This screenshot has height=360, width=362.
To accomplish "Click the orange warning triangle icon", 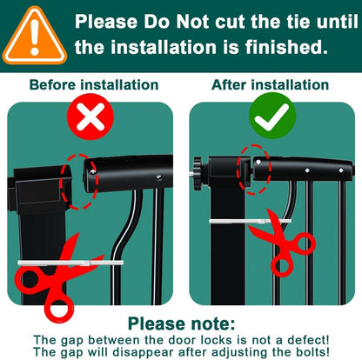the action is pyautogui.click(x=35, y=37).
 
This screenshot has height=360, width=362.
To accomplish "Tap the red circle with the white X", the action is pyautogui.click(x=90, y=117).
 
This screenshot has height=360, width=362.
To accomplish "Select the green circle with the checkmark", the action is pyautogui.click(x=272, y=116).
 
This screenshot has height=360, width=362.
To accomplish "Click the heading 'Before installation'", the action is pyautogui.click(x=94, y=85).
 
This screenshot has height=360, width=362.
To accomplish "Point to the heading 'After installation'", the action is pyautogui.click(x=271, y=85).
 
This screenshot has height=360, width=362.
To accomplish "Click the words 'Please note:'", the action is pyautogui.click(x=182, y=323).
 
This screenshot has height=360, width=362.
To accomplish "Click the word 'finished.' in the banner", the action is pyautogui.click(x=286, y=47).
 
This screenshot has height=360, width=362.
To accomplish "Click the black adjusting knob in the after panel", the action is pyautogui.click(x=198, y=173).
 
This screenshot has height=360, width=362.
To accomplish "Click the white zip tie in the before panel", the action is pyautogui.click(x=70, y=263).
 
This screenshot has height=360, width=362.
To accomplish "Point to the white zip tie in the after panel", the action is pyautogui.click(x=250, y=222).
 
